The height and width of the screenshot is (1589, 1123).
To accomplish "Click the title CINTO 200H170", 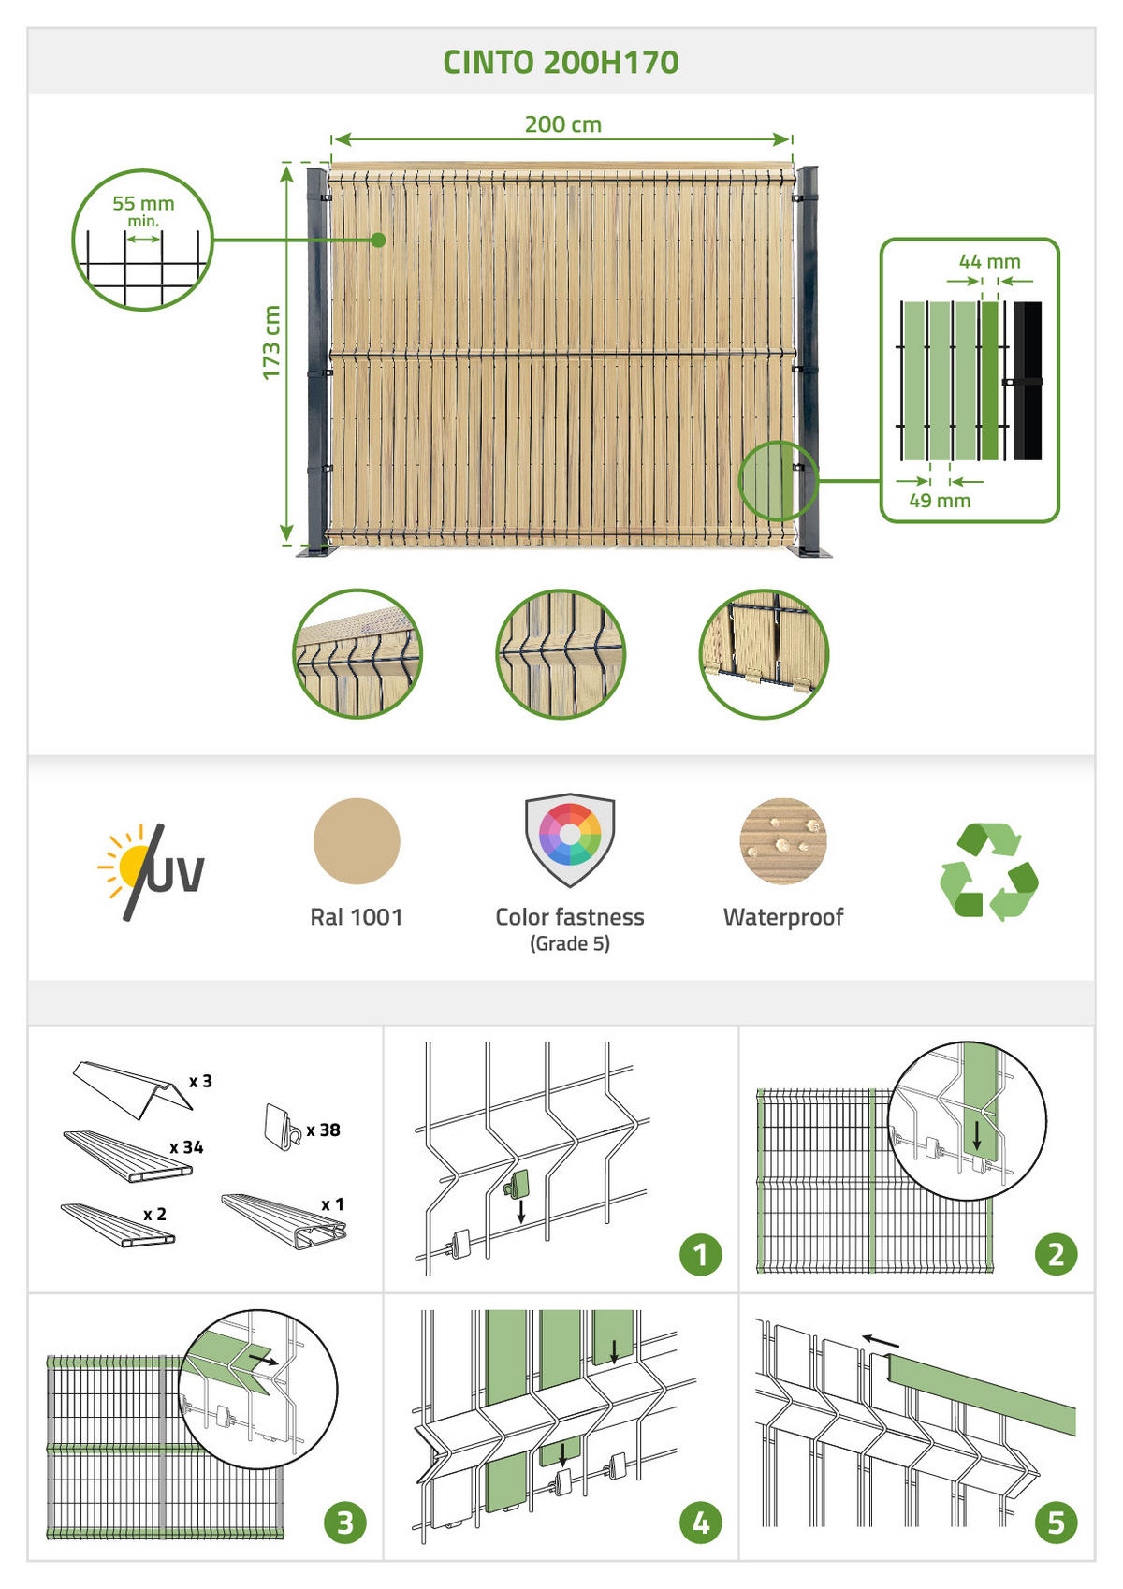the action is coord(561,63).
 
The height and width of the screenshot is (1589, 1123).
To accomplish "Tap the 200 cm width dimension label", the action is coord(562,124).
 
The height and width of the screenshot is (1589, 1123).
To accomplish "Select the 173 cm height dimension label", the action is coord(271,342).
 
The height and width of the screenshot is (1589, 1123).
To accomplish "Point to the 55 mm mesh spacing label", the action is coord(143,204).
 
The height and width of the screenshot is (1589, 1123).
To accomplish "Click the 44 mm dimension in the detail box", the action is coord(989,262).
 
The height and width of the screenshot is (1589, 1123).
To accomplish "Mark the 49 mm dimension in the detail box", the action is coord(940,500).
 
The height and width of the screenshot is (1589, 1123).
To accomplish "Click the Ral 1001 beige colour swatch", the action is coord(357,840).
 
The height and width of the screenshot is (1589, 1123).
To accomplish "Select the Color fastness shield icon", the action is coord(570,839).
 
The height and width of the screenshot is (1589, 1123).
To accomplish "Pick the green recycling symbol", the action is coord(988,872).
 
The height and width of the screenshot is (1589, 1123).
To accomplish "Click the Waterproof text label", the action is coord(783,916).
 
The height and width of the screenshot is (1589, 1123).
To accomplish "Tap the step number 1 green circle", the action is coord(700,1255).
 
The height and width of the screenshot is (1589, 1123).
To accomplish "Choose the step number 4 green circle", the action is coord(700,1523).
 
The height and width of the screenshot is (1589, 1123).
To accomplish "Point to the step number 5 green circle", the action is coord(1056,1523).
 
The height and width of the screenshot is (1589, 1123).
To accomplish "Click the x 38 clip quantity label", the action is coord(324,1130).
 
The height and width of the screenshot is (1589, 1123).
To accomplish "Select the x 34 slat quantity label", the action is coord(186,1147).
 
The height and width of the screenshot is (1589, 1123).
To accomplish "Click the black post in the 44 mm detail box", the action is coord(1028,381).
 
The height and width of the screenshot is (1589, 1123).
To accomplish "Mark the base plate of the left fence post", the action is coord(314,550).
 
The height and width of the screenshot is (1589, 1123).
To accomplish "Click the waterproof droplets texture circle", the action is coord(782,840).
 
